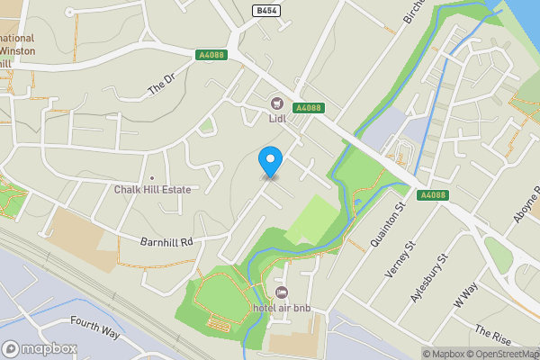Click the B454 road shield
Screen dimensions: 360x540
tap(265, 10)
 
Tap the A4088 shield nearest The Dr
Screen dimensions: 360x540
tap(211, 56)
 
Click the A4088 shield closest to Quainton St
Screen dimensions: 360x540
tap(433, 195)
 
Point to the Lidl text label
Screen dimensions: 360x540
tap(276, 117)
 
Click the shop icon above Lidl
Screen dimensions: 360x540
tap(276, 103)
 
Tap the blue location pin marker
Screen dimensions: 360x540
tap(270, 162)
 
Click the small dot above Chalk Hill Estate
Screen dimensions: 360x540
tap(151, 177)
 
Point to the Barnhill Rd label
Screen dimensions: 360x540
tap(167, 242)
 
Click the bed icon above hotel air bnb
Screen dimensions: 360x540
tap(282, 294)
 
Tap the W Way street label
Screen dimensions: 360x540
tap(466, 298)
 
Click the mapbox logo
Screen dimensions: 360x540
tap(40, 348)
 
